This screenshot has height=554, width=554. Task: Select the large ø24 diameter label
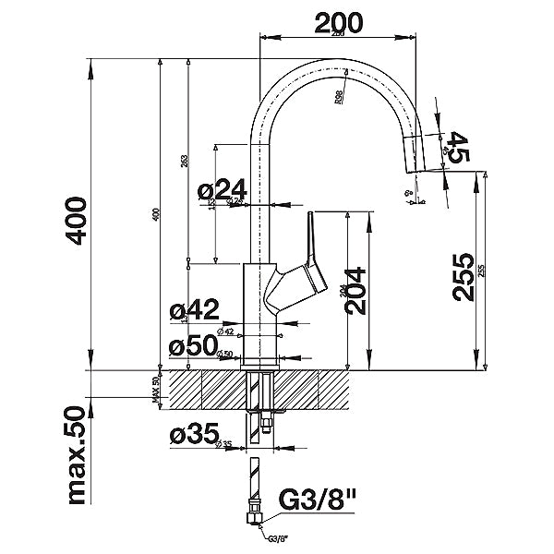tap(220, 190)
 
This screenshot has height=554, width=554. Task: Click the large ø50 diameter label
tap(193, 346)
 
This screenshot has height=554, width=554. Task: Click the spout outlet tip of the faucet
tap(413, 167)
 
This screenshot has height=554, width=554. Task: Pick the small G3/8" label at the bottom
tap(275, 542)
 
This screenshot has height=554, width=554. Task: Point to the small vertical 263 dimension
tap(185, 162)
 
